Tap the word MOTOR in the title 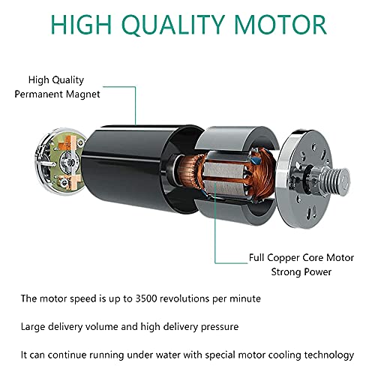[280, 25]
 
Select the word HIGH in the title [81, 25]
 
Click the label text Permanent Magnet [57, 94]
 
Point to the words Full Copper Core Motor [301, 258]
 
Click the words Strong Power [301, 272]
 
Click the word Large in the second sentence [33, 327]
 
